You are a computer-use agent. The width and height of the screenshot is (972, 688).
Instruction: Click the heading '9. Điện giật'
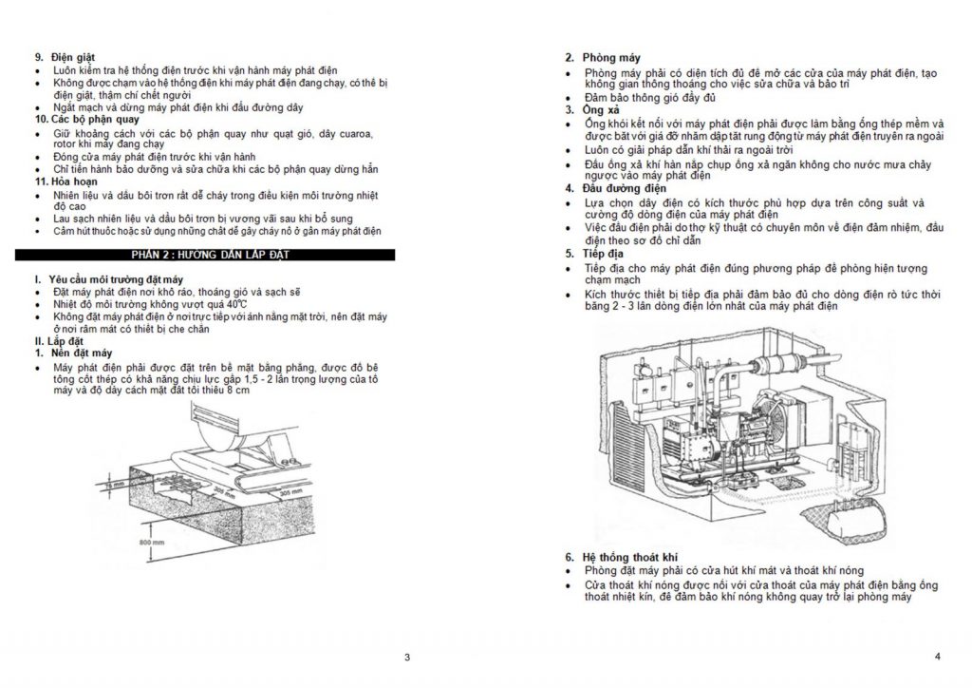pos(65,59)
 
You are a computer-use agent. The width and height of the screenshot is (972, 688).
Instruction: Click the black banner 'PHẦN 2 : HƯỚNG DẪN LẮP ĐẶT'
pos(210,255)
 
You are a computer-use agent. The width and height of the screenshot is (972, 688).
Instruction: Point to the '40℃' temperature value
pos(222,304)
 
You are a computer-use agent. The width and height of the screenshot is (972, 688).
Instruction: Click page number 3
pos(406,658)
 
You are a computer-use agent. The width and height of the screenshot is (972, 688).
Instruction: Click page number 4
pos(936,657)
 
